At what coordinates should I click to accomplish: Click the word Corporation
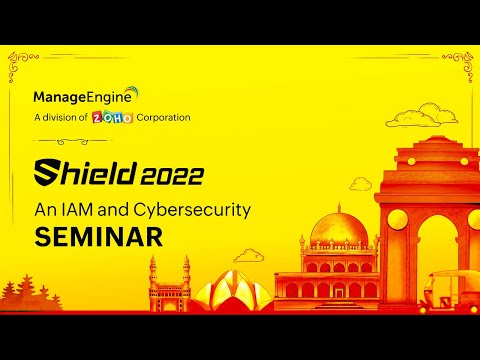point(160,117)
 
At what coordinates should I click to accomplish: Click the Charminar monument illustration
point(166,284)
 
